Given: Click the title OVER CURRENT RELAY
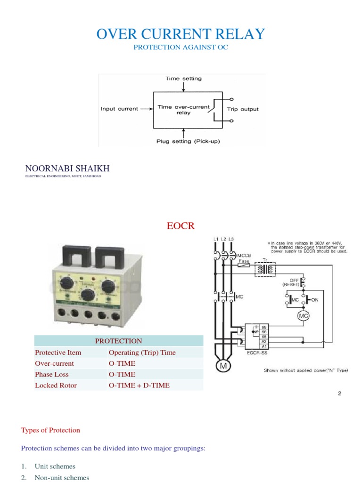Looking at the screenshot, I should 181,34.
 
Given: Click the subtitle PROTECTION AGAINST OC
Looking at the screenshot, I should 181,48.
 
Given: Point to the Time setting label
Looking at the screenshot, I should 183,79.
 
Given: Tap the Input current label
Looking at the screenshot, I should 119,109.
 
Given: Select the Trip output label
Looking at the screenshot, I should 243,109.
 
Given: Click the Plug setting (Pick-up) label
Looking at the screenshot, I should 188,141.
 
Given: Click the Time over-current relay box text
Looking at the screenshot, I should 183,110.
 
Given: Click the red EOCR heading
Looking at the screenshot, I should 181,226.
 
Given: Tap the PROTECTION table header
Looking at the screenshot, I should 118,341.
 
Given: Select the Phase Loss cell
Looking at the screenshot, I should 52,374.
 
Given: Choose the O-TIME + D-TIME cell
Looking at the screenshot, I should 139,385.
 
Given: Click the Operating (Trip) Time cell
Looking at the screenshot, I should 142,352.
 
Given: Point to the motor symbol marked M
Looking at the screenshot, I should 221,365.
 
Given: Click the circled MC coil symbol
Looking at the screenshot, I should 303,316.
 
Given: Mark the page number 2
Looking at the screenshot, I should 339,394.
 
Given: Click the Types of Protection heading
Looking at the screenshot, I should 50,430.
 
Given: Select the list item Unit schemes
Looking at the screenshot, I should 55,466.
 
